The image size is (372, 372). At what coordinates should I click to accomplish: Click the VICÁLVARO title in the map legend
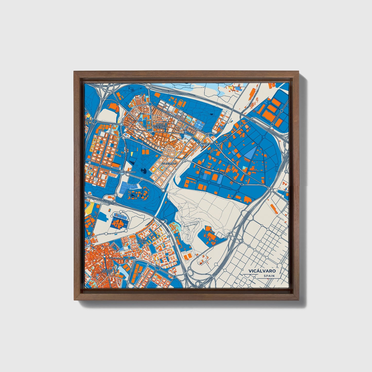tap(262, 271)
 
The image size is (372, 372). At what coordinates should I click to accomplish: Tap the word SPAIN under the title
tap(269, 276)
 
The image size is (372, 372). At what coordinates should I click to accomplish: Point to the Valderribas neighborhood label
tap(169, 163)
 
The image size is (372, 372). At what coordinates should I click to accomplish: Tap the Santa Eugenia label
tap(142, 240)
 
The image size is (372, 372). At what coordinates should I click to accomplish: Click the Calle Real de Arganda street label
tap(120, 258)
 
